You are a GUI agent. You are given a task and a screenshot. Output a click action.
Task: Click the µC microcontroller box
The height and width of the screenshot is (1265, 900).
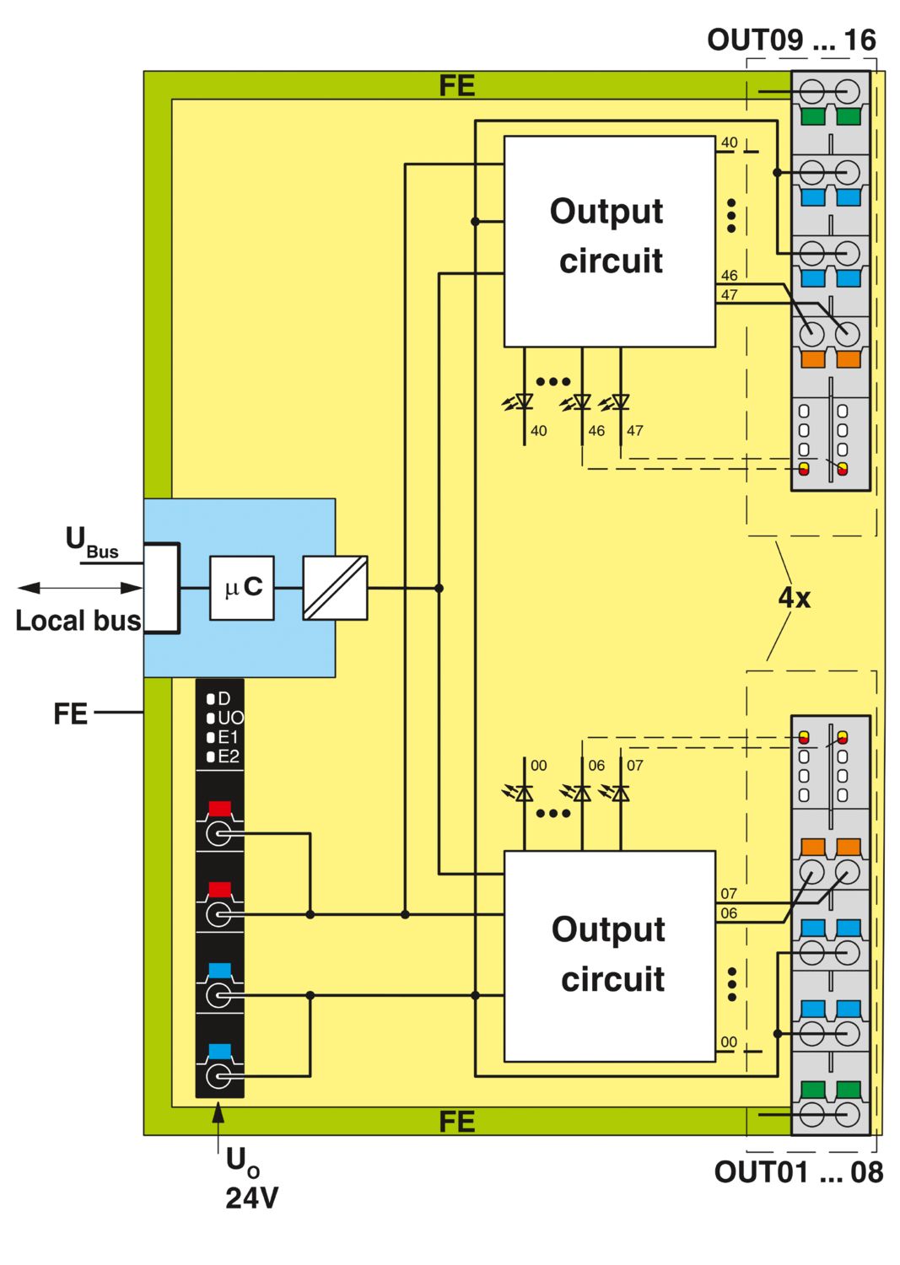(242, 588)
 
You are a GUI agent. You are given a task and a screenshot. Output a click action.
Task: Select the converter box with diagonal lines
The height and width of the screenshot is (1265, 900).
(335, 588)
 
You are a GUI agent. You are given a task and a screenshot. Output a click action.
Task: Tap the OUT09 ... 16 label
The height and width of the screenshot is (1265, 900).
(791, 40)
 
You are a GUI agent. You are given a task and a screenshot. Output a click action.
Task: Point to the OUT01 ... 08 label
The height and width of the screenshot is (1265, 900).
(798, 1172)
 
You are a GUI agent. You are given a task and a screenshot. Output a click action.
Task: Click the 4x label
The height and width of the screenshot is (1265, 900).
(795, 598)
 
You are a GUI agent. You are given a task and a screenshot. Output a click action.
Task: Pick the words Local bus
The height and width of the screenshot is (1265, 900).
(78, 621)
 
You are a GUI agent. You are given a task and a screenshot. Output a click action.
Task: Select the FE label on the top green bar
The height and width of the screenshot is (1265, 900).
(457, 85)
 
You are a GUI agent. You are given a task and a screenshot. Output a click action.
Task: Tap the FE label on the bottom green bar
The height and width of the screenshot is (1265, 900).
(457, 1122)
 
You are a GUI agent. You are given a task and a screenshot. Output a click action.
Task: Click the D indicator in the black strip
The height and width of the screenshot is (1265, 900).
(218, 698)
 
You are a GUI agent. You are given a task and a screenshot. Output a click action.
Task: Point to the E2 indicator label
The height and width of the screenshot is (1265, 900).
(224, 756)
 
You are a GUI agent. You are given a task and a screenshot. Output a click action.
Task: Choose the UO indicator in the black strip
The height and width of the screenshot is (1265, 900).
(225, 718)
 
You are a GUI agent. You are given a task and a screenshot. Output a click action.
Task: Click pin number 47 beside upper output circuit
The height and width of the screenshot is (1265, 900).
(729, 295)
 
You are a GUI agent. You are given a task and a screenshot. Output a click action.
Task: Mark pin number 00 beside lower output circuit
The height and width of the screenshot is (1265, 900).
(729, 1042)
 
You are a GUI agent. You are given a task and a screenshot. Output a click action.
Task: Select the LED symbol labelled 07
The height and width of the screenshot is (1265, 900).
(615, 794)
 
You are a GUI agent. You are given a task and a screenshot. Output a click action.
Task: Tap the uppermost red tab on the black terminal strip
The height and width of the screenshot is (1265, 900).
(220, 808)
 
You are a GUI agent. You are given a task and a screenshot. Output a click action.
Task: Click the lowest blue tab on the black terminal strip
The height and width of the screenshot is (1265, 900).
(220, 1051)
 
